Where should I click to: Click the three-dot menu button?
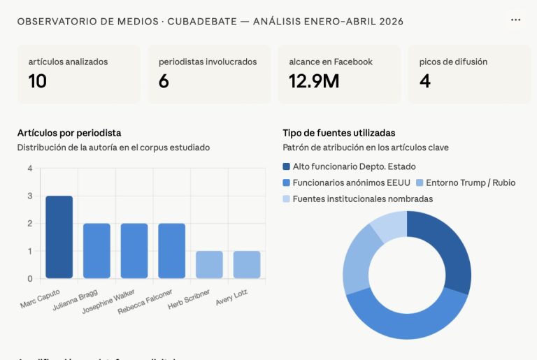tap(515, 20)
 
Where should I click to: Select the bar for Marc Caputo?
tap(59, 237)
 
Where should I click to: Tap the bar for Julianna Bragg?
tap(96, 251)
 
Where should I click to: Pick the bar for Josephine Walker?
tap(134, 251)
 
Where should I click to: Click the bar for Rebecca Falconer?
tap(172, 251)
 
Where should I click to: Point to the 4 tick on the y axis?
tap(29, 168)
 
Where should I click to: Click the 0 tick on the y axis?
tap(29, 278)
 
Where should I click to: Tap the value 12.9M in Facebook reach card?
tap(314, 81)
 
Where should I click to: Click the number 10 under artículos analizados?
tap(37, 81)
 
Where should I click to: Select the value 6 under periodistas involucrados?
tap(164, 81)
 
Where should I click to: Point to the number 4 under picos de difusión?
tap(425, 81)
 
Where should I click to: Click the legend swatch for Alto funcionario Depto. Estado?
tap(287, 166)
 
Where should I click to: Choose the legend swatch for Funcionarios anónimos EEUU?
tap(287, 182)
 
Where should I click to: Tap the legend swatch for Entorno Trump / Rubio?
tap(420, 182)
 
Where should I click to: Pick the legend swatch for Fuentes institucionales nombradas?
tap(287, 199)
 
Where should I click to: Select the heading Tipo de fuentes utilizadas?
tap(339, 132)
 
